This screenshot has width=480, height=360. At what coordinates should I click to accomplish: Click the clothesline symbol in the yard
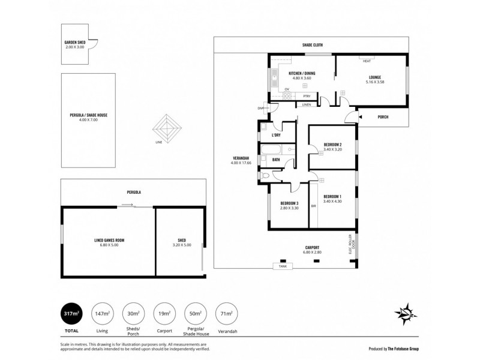[x=168, y=127]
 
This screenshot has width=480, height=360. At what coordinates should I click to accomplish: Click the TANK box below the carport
[x=283, y=266]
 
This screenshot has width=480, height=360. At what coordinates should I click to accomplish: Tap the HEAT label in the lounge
[x=367, y=61]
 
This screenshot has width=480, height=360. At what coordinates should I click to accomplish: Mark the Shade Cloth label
[x=311, y=46]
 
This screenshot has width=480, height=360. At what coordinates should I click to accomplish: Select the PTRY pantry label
[x=307, y=96]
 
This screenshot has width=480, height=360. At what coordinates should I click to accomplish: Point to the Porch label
[x=383, y=117]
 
